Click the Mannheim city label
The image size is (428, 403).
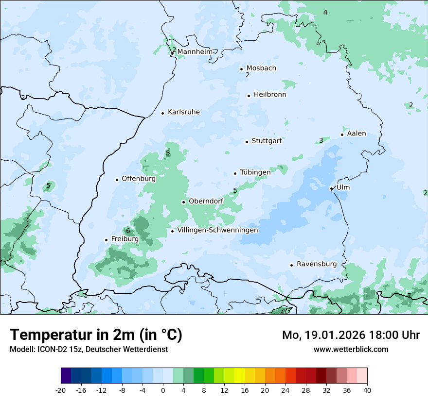tap(195, 51)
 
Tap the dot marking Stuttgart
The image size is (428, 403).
tap(247, 142)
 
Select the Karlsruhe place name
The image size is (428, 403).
tap(184, 112)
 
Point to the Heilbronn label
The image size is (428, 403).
tap(270, 95)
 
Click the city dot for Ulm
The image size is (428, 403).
tap(331, 188)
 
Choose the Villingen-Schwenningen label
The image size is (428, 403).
tap(217, 230)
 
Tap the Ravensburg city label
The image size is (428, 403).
tap(317, 264)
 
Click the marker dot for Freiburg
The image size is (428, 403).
tap(106, 240)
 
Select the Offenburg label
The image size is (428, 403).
tap(139, 179)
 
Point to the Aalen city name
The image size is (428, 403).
tap(357, 134)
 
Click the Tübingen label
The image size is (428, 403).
tap(255, 172)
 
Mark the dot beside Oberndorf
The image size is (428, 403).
tap(183, 202)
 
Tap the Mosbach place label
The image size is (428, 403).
tap(261, 68)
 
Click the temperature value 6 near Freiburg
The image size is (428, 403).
tap(128, 231)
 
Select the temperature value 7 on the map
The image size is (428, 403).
tap(409, 295)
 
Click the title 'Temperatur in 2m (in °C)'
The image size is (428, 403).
tap(96, 335)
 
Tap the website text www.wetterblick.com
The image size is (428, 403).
tap(351, 349)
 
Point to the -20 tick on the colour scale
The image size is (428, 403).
tap(61, 390)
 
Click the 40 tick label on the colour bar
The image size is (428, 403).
tap(367, 390)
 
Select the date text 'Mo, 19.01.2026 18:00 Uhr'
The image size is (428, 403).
tap(351, 335)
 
